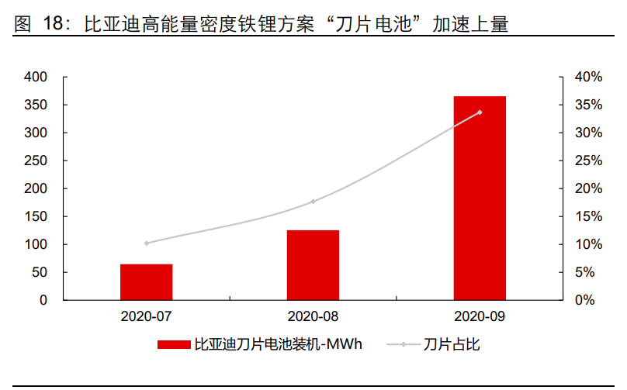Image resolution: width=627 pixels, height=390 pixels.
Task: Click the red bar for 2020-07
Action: (x=146, y=281)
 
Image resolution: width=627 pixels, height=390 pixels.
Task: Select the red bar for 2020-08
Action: (x=313, y=264)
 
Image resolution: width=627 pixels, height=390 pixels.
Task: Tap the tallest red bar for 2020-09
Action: (x=480, y=198)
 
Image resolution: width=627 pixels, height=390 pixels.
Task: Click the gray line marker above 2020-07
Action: (x=146, y=243)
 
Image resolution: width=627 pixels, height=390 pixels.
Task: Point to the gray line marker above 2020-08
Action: (x=313, y=202)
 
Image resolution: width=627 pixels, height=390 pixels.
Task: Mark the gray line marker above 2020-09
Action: (x=480, y=112)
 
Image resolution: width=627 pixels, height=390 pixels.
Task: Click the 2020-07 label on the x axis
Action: (x=146, y=316)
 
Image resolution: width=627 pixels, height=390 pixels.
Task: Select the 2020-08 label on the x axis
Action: (x=313, y=316)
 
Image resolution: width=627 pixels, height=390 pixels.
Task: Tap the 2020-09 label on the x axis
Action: (x=480, y=316)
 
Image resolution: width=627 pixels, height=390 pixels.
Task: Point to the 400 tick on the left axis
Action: (x=36, y=78)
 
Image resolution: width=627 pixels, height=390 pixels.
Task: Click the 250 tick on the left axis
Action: (x=36, y=161)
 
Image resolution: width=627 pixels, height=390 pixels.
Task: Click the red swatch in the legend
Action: (x=174, y=344)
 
